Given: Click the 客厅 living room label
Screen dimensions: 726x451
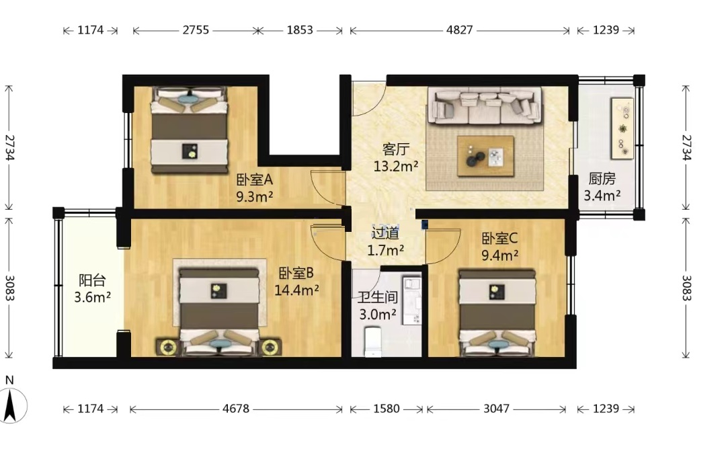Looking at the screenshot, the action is coord(396,149).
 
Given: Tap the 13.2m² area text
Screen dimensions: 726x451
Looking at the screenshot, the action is coord(396,166).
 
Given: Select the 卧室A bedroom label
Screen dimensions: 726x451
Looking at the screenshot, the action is coord(254,179).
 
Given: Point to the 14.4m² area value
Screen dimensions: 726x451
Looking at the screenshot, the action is coord(296,290).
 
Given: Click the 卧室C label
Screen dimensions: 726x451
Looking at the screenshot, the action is coord(499,239).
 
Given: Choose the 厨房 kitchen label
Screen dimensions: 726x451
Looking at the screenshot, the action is coord(602,179).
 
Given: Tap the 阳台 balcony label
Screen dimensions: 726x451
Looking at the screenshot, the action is coord(92,280).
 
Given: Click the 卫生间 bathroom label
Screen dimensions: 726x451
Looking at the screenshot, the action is coord(377,297).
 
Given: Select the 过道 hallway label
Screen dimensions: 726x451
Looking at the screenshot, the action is coord(385,233).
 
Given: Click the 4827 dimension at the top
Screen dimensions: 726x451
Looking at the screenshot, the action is coord(459,30).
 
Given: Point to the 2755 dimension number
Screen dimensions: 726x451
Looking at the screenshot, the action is coord(196,30).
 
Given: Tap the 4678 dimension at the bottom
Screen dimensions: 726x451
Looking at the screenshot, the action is coord(236,409).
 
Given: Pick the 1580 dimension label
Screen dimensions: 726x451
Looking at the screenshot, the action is coord(386,409).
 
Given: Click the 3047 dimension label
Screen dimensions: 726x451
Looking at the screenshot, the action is coord(496,409).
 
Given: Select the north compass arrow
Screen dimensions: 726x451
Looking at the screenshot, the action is coord(10,405).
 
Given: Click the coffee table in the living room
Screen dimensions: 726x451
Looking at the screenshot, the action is coord(485,156).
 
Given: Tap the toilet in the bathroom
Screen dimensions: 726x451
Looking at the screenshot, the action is coord(372,341).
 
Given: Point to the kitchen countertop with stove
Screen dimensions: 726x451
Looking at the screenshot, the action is coord(622,129).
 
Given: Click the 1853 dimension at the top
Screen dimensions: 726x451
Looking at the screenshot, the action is coord(300,30).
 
